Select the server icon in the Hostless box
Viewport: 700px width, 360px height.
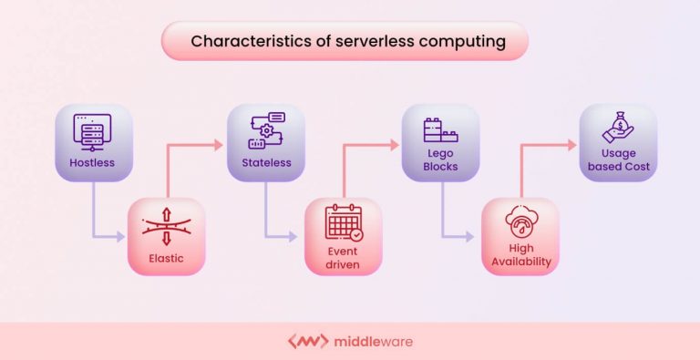coord(92,130)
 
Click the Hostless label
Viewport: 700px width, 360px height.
coord(92,163)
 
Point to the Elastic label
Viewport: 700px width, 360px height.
coord(166,258)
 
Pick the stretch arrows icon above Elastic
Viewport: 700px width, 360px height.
coord(166,226)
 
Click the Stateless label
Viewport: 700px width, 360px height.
coord(266,163)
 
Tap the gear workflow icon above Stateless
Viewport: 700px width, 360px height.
coord(265,130)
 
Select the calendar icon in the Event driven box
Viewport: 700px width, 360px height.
coord(344,222)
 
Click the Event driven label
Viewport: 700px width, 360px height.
coord(344,258)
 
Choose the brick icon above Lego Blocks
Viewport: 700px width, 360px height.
coord(441,130)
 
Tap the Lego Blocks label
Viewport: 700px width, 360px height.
coord(441,160)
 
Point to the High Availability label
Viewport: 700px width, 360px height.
coord(520,258)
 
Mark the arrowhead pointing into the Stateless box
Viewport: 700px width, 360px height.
coord(219,143)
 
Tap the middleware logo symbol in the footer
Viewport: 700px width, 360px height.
coord(307,342)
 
